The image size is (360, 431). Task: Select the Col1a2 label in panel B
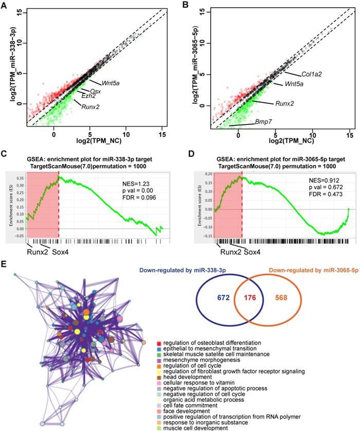pos(297,74)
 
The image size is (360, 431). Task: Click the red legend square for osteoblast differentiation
pos(160,342)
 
